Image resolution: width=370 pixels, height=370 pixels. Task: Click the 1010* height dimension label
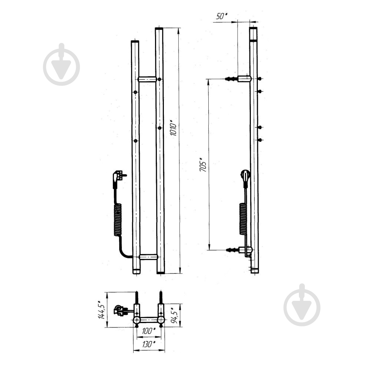174,128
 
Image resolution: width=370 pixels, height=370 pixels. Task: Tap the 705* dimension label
203,164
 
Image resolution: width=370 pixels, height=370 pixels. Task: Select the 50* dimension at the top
221,16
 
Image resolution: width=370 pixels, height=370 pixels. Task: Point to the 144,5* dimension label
101,310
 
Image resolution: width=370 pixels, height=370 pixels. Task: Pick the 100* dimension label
149,331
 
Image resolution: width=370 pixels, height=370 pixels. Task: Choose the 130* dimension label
149,344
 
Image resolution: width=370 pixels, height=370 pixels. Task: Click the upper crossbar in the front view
147,79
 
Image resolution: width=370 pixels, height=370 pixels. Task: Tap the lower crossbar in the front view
148,257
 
